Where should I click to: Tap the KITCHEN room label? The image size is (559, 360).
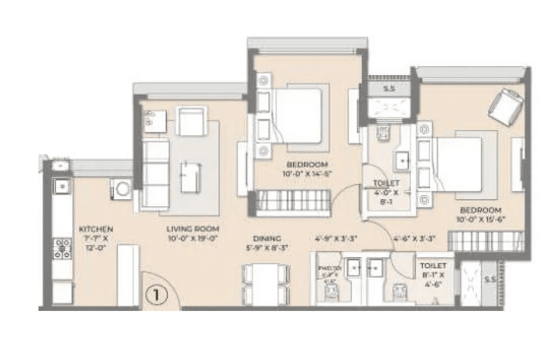click(x=96, y=229)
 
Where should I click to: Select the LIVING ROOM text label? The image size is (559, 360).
click(x=193, y=229)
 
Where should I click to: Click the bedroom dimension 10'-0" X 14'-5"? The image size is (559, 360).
click(x=307, y=174)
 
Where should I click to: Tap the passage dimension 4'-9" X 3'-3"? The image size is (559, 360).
click(x=336, y=239)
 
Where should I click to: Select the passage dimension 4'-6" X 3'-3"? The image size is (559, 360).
click(x=415, y=239)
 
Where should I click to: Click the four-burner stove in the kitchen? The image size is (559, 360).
click(x=62, y=248)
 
